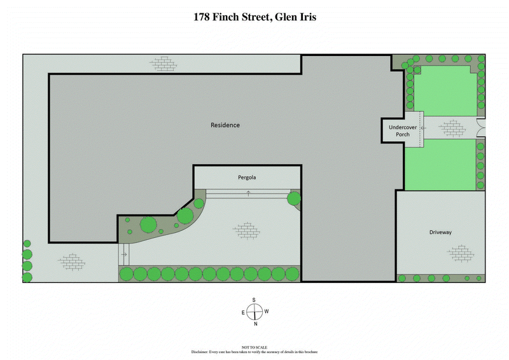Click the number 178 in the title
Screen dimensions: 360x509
[x=204, y=17]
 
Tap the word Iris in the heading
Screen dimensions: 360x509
[x=304, y=17]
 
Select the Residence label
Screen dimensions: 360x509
[x=225, y=125]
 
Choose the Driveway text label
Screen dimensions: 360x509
[x=440, y=233]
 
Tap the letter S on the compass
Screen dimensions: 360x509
[x=254, y=300]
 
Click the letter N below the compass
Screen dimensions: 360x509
[x=254, y=324]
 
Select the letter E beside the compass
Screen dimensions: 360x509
[x=242, y=312]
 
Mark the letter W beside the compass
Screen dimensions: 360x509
[x=267, y=312]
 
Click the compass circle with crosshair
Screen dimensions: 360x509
[x=254, y=312]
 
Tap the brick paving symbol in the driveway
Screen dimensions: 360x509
[x=460, y=253]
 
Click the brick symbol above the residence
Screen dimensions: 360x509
[x=164, y=63]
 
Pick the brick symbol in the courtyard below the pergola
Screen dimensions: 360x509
[x=246, y=230]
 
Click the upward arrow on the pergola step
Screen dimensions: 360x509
[x=248, y=193]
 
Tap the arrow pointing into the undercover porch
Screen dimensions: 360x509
[x=422, y=128]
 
